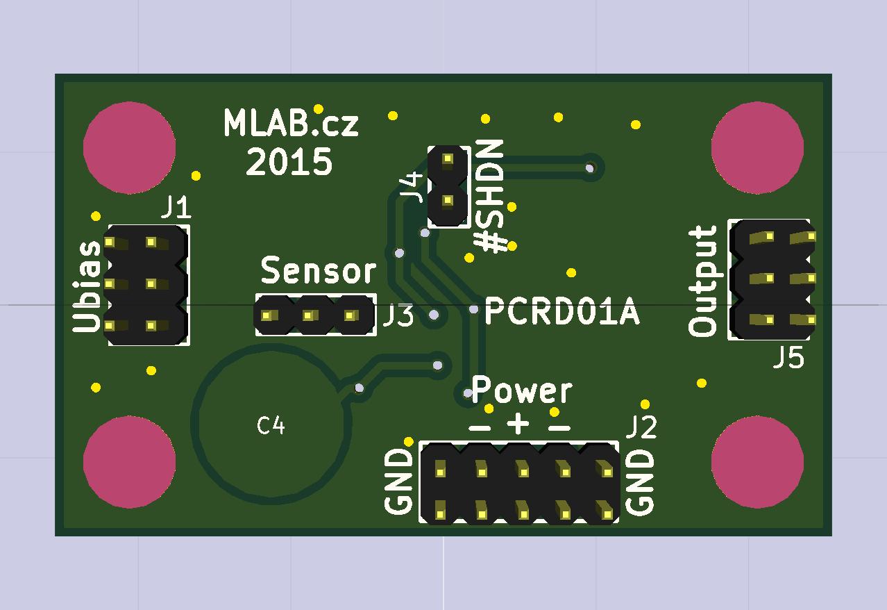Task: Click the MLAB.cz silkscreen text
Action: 291,124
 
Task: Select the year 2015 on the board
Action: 289,163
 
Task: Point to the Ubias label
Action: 87,286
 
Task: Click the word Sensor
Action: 319,271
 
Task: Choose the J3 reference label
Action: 398,316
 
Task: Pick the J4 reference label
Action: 412,187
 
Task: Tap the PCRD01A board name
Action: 561,312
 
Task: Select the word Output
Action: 703,281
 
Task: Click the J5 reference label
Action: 789,358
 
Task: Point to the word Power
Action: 522,390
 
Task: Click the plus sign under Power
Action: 518,424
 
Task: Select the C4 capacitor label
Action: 271,425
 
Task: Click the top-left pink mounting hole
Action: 129,147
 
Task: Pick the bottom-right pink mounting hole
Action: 757,462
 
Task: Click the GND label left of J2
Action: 400,481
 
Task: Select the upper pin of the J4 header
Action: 448,159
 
